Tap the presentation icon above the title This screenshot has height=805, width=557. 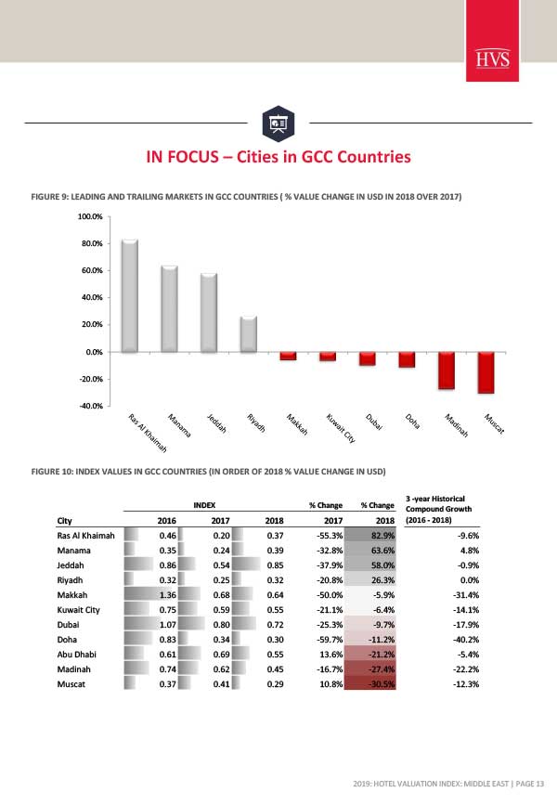[x=278, y=122]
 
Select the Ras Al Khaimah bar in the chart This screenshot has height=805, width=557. [x=130, y=295]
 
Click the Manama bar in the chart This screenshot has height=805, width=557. [x=169, y=308]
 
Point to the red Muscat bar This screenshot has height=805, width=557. [x=486, y=372]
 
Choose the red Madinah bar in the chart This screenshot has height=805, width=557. [x=447, y=370]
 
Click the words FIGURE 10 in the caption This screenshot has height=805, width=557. [x=55, y=472]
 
